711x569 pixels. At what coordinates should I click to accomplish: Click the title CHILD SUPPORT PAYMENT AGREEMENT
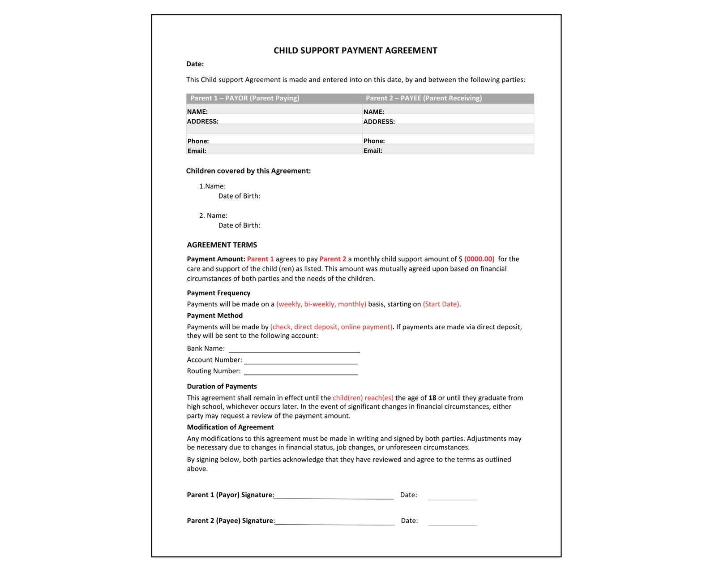[x=355, y=51]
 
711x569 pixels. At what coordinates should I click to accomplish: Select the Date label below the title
[x=195, y=64]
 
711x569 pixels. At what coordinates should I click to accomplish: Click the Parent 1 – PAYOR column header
[x=244, y=98]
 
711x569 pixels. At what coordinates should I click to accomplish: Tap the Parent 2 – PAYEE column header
[x=424, y=98]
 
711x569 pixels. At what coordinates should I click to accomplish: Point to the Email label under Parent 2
[x=373, y=151]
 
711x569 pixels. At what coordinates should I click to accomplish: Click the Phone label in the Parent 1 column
[x=198, y=141]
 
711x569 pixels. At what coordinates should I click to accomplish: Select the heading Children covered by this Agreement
[x=248, y=171]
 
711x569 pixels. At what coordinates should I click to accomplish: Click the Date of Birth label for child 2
[x=239, y=225]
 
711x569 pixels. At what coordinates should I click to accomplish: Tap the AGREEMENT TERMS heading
[x=222, y=245]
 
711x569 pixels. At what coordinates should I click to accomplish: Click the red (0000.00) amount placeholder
[x=479, y=259]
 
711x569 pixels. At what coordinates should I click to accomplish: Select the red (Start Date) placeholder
[x=441, y=304]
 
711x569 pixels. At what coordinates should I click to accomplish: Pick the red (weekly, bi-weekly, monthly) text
[x=321, y=304]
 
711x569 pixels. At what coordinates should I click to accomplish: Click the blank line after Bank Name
[x=294, y=350]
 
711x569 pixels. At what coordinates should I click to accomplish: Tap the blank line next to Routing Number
[x=301, y=373]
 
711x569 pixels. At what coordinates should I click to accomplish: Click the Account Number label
[x=214, y=360]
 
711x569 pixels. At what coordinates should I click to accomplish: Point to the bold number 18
[x=432, y=398]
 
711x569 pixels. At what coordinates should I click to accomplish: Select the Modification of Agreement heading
[x=230, y=427]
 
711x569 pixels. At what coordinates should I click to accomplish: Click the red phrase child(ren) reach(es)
[x=363, y=398]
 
